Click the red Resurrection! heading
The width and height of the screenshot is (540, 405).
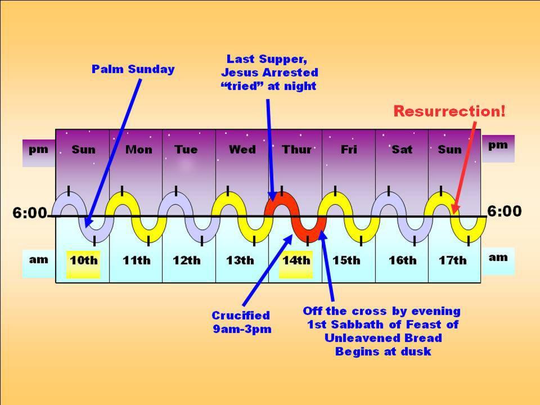click(x=449, y=111)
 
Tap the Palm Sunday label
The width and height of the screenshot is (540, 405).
click(x=133, y=70)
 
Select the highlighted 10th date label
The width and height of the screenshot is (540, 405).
click(x=83, y=260)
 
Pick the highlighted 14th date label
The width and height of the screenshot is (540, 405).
click(x=296, y=260)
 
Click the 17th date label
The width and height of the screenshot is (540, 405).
click(x=452, y=260)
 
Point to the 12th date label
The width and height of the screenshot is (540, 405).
click(x=186, y=260)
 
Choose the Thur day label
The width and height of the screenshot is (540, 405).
click(x=296, y=150)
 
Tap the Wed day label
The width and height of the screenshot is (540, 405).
click(x=242, y=150)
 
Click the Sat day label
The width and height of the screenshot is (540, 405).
click(x=402, y=150)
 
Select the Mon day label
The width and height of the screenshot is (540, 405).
click(x=138, y=150)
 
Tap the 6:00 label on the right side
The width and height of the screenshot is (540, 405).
click(x=505, y=211)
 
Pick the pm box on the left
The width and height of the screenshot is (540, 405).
click(x=39, y=150)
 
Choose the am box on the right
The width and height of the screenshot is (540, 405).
click(x=498, y=258)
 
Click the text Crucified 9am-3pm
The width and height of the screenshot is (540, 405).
click(x=241, y=322)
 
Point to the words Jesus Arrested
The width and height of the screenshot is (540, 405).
click(x=269, y=73)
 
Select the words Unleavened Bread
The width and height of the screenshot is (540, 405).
click(x=382, y=338)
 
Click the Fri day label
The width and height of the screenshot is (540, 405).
click(x=349, y=150)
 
